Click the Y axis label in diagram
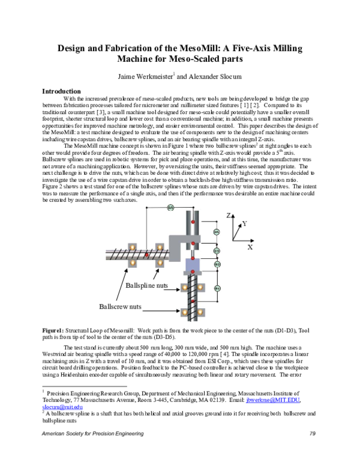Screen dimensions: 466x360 tap(244, 223)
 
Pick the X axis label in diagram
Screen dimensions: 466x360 tap(250, 247)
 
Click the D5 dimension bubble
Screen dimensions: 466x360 tap(170, 207)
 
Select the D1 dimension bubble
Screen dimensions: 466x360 tap(217, 288)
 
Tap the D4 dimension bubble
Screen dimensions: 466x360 tap(217, 232)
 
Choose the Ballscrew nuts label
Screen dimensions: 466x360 tap(121, 306)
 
